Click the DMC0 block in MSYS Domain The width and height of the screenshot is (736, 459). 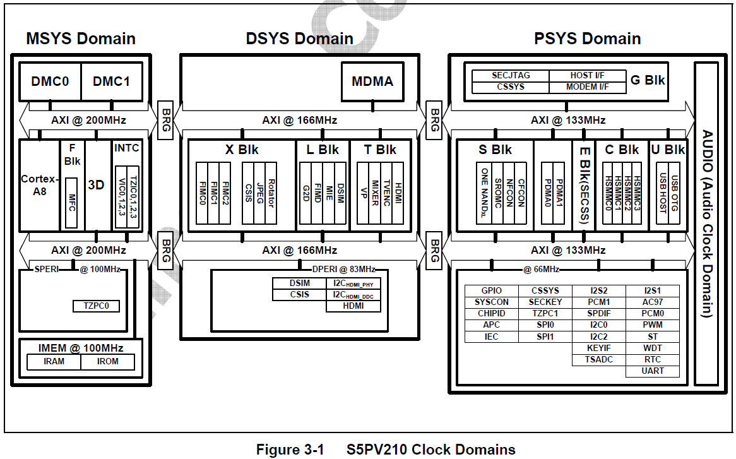click(x=50, y=81)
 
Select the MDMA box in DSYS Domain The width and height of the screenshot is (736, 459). click(x=372, y=81)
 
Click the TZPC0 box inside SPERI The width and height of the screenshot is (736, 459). click(x=96, y=306)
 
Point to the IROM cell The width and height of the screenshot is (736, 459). click(x=109, y=362)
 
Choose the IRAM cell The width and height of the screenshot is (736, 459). click(x=54, y=362)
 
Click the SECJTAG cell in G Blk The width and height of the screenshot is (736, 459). click(x=511, y=76)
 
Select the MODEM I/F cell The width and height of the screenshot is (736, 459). click(x=587, y=86)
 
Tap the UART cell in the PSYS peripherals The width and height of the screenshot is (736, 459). click(x=653, y=371)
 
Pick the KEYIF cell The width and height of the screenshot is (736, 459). click(x=599, y=348)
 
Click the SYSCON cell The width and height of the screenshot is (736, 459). click(x=491, y=302)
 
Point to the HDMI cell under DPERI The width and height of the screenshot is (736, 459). click(x=353, y=306)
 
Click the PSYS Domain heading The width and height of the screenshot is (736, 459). click(x=587, y=39)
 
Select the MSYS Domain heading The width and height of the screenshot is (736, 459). click(x=81, y=39)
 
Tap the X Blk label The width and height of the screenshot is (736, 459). click(x=242, y=150)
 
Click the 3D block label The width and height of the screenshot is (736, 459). click(x=97, y=185)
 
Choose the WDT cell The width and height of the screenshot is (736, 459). click(x=653, y=348)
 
